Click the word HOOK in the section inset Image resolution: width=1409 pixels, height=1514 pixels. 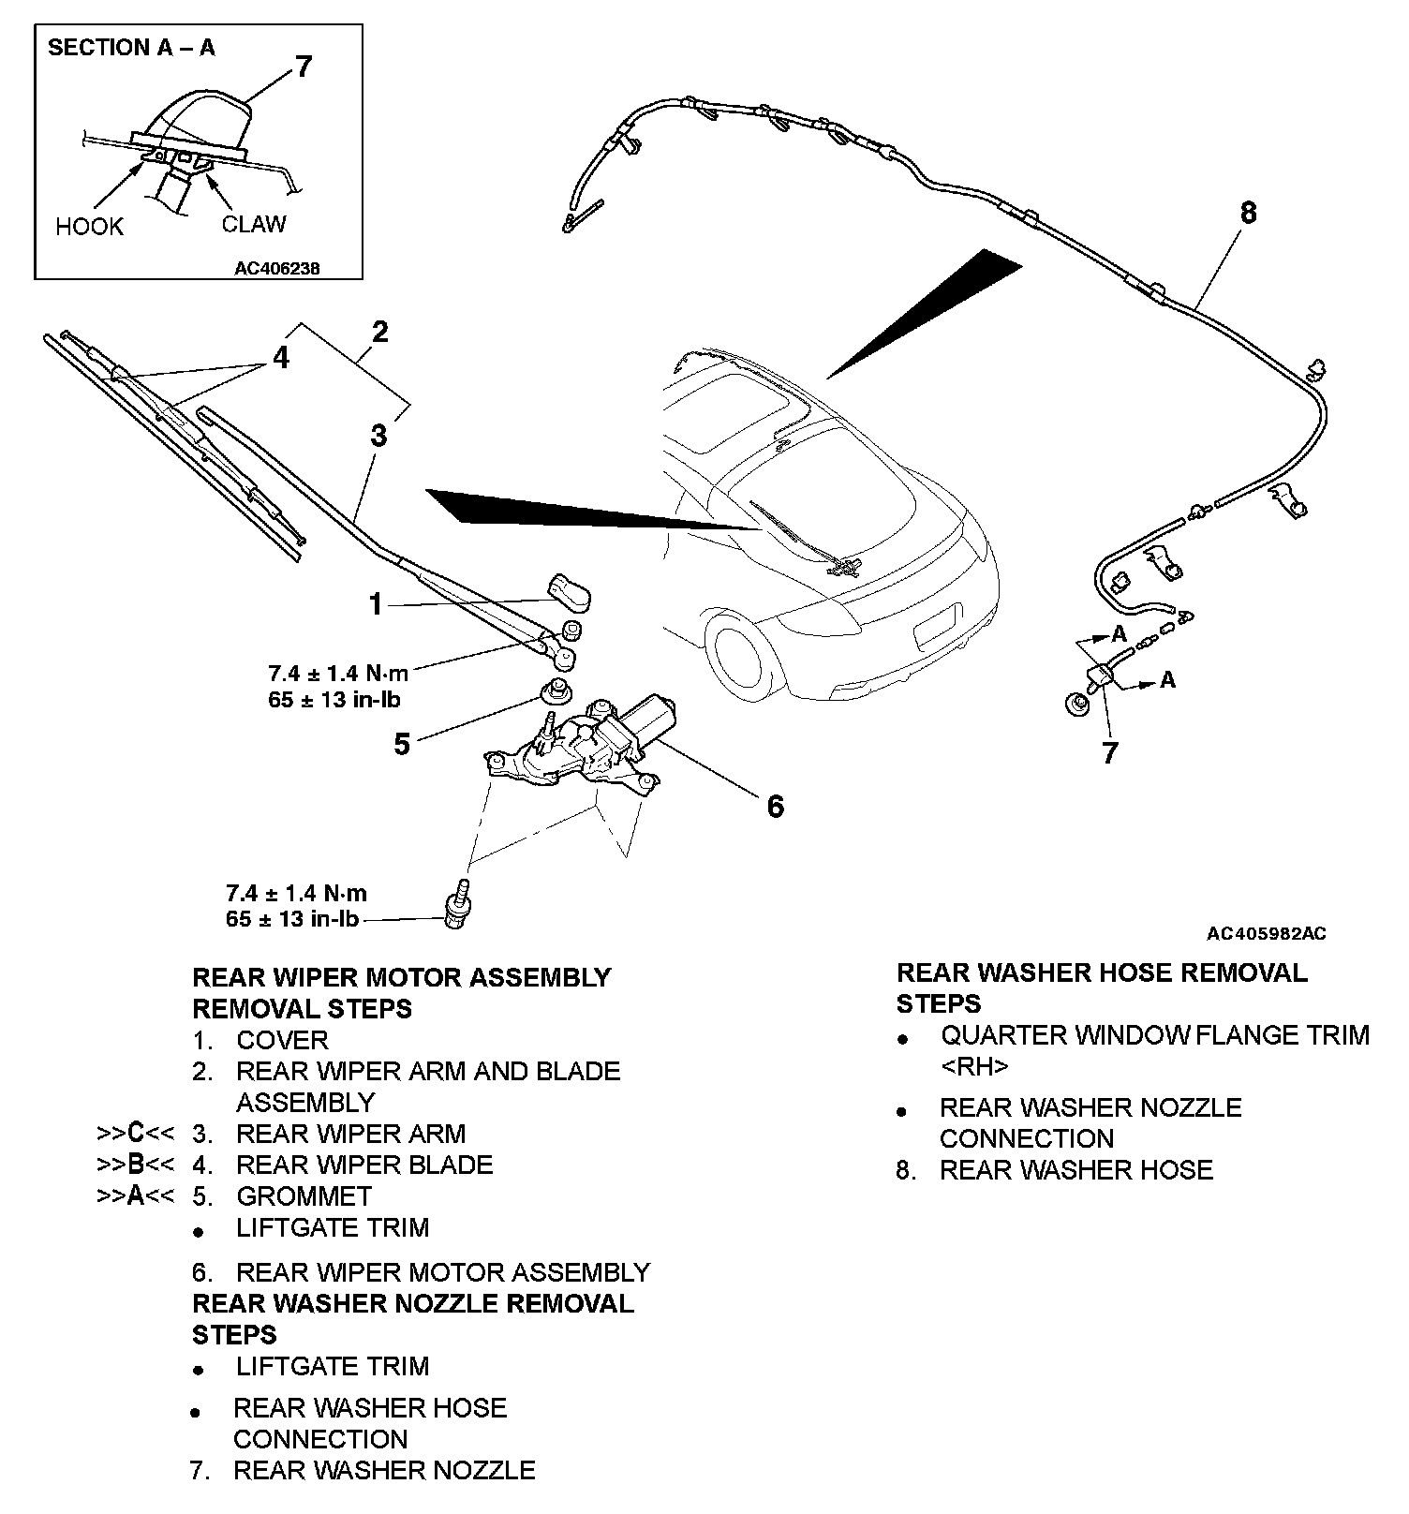(89, 227)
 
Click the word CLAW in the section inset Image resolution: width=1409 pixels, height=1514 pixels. (254, 225)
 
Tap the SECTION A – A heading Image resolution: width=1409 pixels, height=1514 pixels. (131, 47)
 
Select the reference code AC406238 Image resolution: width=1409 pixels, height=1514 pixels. (277, 268)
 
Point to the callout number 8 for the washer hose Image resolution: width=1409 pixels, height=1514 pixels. (1248, 214)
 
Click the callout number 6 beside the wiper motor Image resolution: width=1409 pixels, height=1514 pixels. (775, 806)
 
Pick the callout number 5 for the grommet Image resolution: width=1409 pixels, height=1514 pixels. (402, 745)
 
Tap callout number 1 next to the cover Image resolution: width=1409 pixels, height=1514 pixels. (376, 605)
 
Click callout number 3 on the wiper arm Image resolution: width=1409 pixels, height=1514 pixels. (378, 436)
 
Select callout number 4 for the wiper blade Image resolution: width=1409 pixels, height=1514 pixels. (281, 358)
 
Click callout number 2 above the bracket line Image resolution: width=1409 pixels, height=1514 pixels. (379, 332)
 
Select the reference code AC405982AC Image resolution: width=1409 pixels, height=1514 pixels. (1266, 934)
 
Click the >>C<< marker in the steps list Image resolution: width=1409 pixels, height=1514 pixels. (136, 1134)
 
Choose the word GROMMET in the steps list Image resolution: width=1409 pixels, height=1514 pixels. (304, 1196)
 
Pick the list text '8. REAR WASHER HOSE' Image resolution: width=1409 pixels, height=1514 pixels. (1055, 1170)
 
